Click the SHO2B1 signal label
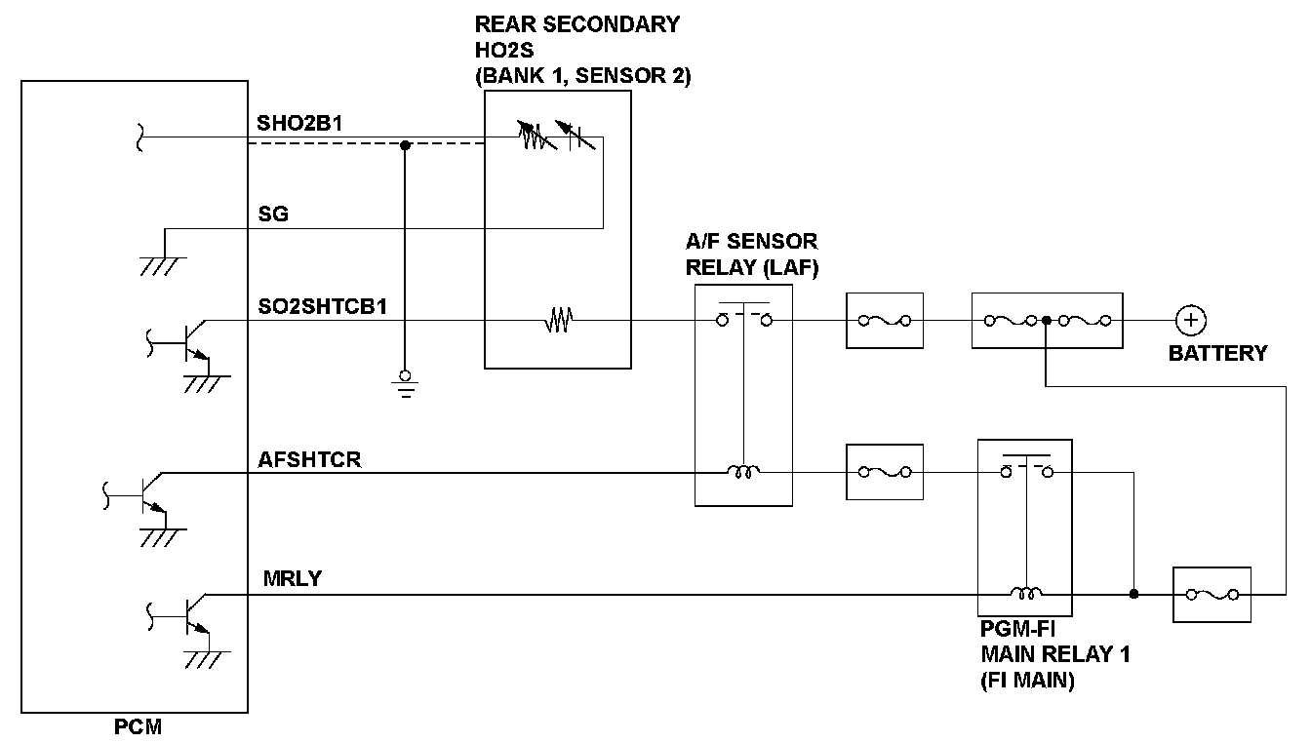[299, 124]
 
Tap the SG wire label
[273, 214]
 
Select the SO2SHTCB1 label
[322, 305]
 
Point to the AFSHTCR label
[309, 459]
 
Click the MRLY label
[292, 579]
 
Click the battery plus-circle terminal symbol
[1189, 320]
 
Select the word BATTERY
[1217, 353]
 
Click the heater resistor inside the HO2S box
[557, 320]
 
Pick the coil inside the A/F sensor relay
[742, 473]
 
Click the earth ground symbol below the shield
[404, 383]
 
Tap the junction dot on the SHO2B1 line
[405, 145]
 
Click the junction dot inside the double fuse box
[1046, 320]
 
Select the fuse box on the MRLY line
[1212, 594]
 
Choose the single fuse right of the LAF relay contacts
[885, 320]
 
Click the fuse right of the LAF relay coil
[885, 473]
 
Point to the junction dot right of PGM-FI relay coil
[1133, 594]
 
